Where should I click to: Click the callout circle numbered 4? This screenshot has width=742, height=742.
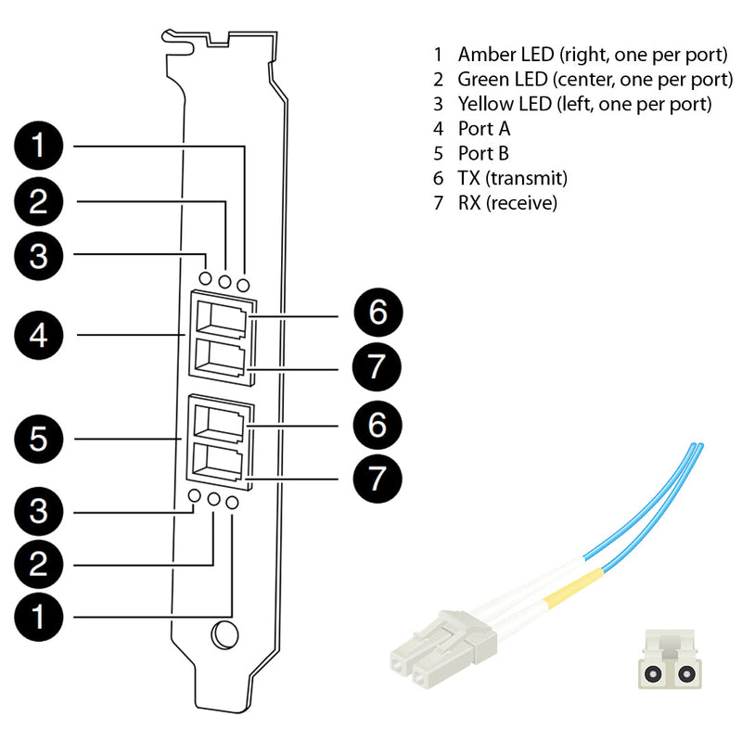pyautogui.click(x=38, y=335)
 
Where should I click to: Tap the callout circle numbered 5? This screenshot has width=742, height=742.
pyautogui.click(x=38, y=439)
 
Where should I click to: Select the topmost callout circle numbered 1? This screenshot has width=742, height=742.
pyautogui.click(x=38, y=146)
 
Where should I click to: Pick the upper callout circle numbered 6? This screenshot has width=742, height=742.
pyautogui.click(x=377, y=313)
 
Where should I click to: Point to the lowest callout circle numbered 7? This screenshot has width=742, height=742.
pyautogui.click(x=377, y=478)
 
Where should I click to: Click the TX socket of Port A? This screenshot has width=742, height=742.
pyautogui.click(x=221, y=320)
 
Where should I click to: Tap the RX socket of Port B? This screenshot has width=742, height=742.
pyautogui.click(x=221, y=460)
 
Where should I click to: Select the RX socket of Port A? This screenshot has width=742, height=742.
pyautogui.click(x=221, y=357)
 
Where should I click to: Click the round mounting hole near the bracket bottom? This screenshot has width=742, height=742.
pyautogui.click(x=224, y=635)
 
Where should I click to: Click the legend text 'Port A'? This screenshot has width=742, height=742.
pyautogui.click(x=483, y=128)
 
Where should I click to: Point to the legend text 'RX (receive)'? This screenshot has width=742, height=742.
pyautogui.click(x=507, y=202)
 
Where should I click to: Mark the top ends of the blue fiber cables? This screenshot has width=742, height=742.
pyautogui.click(x=694, y=448)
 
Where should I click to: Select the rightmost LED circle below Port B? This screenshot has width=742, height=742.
pyautogui.click(x=232, y=502)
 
